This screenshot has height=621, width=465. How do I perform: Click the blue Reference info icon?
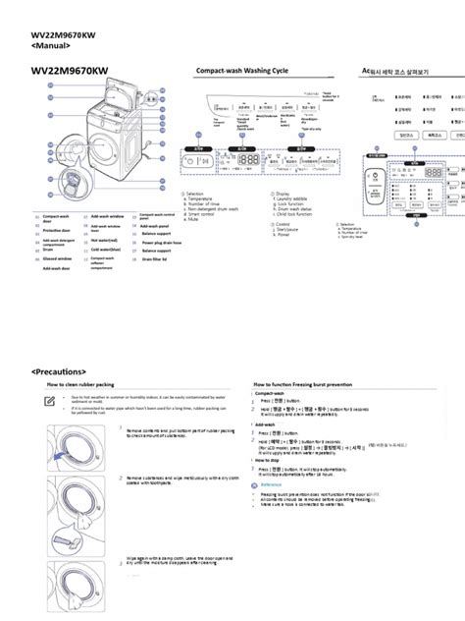coord(257,484)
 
